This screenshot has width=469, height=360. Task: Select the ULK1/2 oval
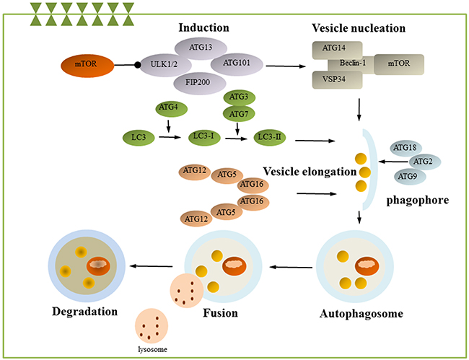coord(165,65)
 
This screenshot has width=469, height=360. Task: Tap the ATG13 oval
coord(201,48)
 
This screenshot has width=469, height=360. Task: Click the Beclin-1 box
coord(352,64)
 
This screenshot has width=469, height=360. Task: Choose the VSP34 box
coord(338,80)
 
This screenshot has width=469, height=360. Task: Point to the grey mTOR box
coord(399,64)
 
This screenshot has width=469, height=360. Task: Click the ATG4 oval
coord(172,109)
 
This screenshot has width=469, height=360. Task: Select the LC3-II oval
coord(270,138)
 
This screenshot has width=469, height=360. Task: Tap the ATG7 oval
coord(239,113)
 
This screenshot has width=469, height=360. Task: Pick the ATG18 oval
coord(406,148)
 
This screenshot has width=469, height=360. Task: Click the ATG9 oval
coord(410,177)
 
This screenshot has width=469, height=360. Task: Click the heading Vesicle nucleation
coord(359,28)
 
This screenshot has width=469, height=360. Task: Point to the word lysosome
coord(152,349)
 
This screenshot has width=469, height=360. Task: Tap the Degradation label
coord(85,312)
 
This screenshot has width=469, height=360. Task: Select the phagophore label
coord(418,201)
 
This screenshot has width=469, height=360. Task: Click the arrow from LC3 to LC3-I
coord(170,137)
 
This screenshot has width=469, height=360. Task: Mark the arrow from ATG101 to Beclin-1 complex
coord(286,66)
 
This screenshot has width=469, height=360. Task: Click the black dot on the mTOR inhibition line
coord(137,65)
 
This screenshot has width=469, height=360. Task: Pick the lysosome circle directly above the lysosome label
coord(152,325)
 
